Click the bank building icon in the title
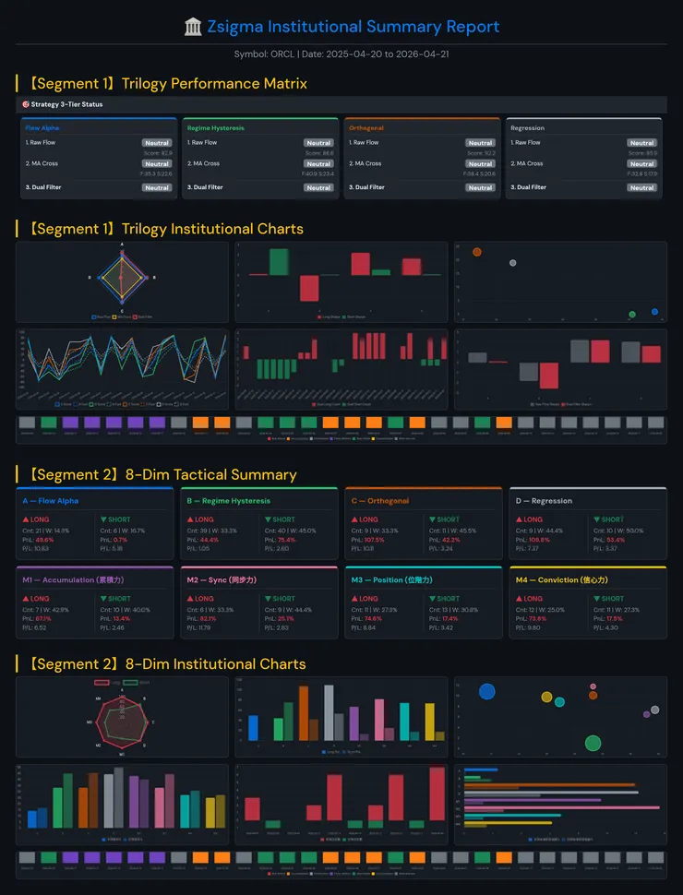tap(193, 27)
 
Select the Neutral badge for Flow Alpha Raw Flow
tap(157, 143)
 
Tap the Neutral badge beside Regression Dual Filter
tap(642, 187)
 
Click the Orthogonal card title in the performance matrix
tap(366, 128)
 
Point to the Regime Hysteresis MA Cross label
tap(203, 163)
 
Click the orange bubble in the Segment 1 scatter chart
tap(476, 252)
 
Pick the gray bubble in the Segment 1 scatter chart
tap(512, 263)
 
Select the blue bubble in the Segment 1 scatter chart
tap(654, 312)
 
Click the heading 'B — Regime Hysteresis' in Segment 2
tap(228, 501)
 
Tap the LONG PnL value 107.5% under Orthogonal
tap(373, 540)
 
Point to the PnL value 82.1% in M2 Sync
tap(209, 618)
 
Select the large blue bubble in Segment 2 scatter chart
tap(486, 691)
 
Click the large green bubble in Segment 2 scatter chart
tap(593, 743)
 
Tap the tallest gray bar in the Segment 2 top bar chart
tap(329, 711)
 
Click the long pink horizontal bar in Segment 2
tap(563, 807)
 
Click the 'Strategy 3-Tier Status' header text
tap(66, 104)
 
